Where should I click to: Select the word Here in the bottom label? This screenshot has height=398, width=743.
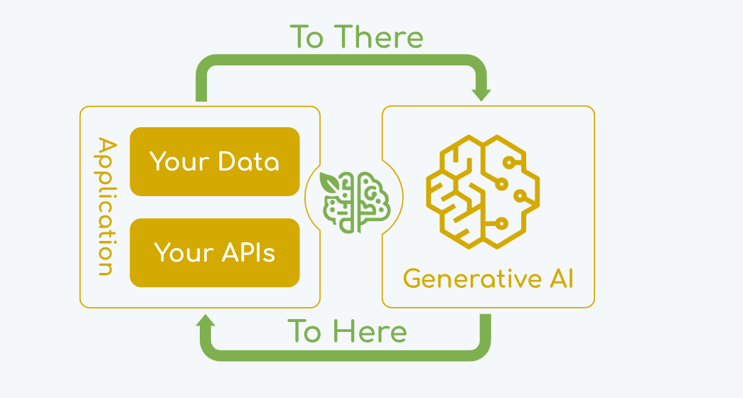[x=370, y=332]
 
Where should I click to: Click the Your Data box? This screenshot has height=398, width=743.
[x=215, y=162]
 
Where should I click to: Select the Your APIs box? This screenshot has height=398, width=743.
[x=215, y=252]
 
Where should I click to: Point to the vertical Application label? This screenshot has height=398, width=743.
[x=105, y=206]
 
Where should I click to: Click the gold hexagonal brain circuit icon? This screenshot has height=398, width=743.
[x=482, y=190]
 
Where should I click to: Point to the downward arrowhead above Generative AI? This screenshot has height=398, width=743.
[x=482, y=93]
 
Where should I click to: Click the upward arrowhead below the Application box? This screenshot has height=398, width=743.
[x=205, y=321]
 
